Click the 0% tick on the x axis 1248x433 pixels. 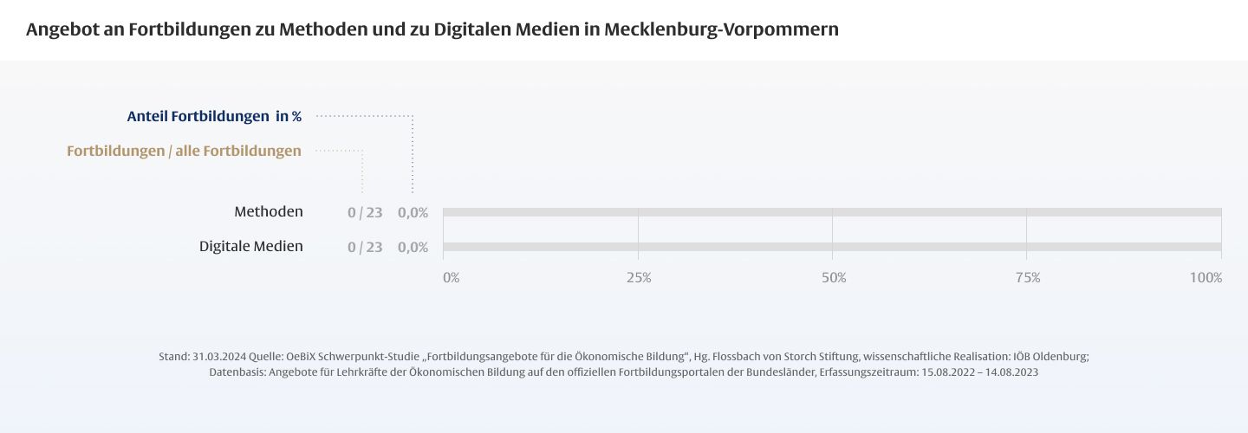(452, 278)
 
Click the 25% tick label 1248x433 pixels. (639, 278)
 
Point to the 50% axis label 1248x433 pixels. (834, 278)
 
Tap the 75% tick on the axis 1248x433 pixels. (1028, 278)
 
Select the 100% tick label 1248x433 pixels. (1206, 278)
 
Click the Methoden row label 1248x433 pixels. (269, 211)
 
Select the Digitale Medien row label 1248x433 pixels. (251, 246)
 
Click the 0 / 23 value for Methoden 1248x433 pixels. (365, 212)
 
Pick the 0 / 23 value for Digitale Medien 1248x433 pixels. (365, 247)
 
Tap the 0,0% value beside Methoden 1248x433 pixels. (413, 212)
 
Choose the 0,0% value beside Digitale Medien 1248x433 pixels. (413, 247)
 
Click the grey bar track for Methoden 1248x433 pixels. (832, 212)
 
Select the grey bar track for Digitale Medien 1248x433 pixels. (832, 247)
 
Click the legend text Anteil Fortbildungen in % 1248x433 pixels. (214, 116)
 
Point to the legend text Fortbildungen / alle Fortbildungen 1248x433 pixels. (184, 151)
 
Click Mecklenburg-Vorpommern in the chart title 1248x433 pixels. (721, 29)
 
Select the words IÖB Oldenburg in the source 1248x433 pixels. (1050, 357)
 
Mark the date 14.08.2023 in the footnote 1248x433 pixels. (1008, 372)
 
